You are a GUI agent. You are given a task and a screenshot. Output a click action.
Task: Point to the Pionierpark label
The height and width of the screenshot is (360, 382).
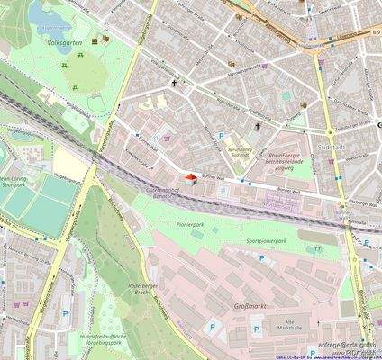pos(189,220)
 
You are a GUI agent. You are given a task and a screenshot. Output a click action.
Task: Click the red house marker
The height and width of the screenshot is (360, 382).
pos(189,179)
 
